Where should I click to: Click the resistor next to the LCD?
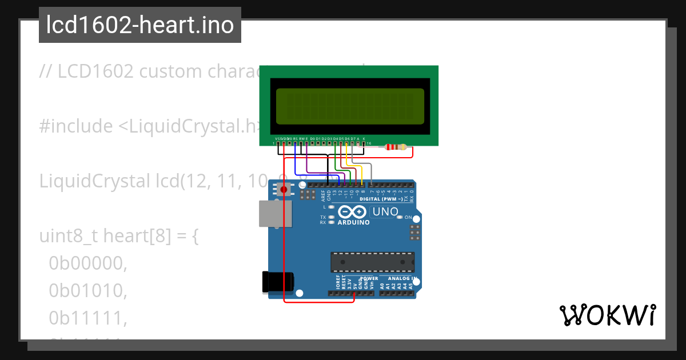tap(396, 147)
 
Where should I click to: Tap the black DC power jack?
tap(277, 282)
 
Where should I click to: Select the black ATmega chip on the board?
tap(372, 262)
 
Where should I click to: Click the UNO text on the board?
tap(385, 212)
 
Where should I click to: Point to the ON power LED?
tap(401, 218)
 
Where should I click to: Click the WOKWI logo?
tap(607, 315)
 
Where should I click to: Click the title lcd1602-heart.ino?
tap(140, 25)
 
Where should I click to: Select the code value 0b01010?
tap(87, 291)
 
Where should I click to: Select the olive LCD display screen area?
tap(349, 106)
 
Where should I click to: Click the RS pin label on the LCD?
tap(295, 139)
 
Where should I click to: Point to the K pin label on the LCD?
tap(364, 139)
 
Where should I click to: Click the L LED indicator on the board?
tap(331, 207)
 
